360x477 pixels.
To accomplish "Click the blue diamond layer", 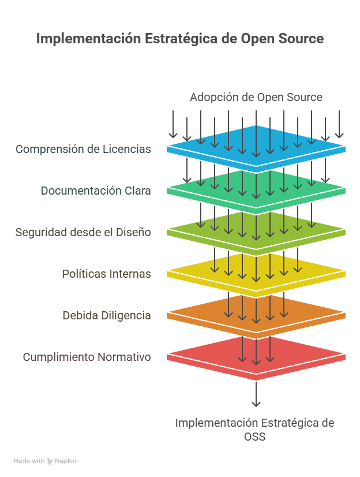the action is coord(256,149).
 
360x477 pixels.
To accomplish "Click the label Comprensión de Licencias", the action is coord(83,150).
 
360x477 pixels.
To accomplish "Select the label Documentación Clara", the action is coord(96,191).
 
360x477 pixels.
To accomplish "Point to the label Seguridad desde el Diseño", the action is coord(83,232).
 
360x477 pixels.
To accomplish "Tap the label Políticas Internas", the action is coord(106,274).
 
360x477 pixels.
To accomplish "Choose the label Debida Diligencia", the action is coord(107,315).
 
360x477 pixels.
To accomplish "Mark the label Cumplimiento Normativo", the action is coord(87,357).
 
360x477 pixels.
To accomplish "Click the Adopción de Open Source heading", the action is coord(256,98).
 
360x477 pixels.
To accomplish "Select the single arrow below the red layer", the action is coord(256,394).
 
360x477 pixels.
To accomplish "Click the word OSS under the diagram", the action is coord(254,437).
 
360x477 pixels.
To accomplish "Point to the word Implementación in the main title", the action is coord(88,39).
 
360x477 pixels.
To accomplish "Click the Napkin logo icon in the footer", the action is coord(50,461).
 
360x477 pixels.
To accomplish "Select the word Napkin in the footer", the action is coord(65,461).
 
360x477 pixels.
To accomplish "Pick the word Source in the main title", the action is coord(301,39).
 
